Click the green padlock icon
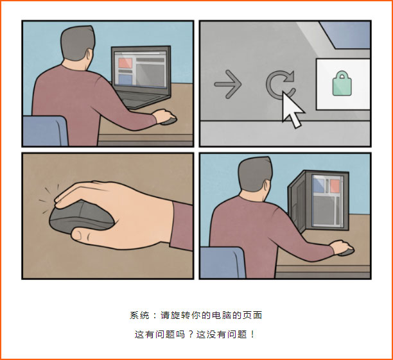coord(342,83)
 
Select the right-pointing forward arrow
coord(228,84)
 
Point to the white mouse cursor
coord(292,110)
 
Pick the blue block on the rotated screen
coord(318,185)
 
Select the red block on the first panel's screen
coord(125,63)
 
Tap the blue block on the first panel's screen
coord(125,80)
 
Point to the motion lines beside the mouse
coord(48,198)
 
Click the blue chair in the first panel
coord(45,130)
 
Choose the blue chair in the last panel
coord(223,262)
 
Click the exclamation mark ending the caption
coord(252,334)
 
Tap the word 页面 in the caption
coord(252,315)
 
